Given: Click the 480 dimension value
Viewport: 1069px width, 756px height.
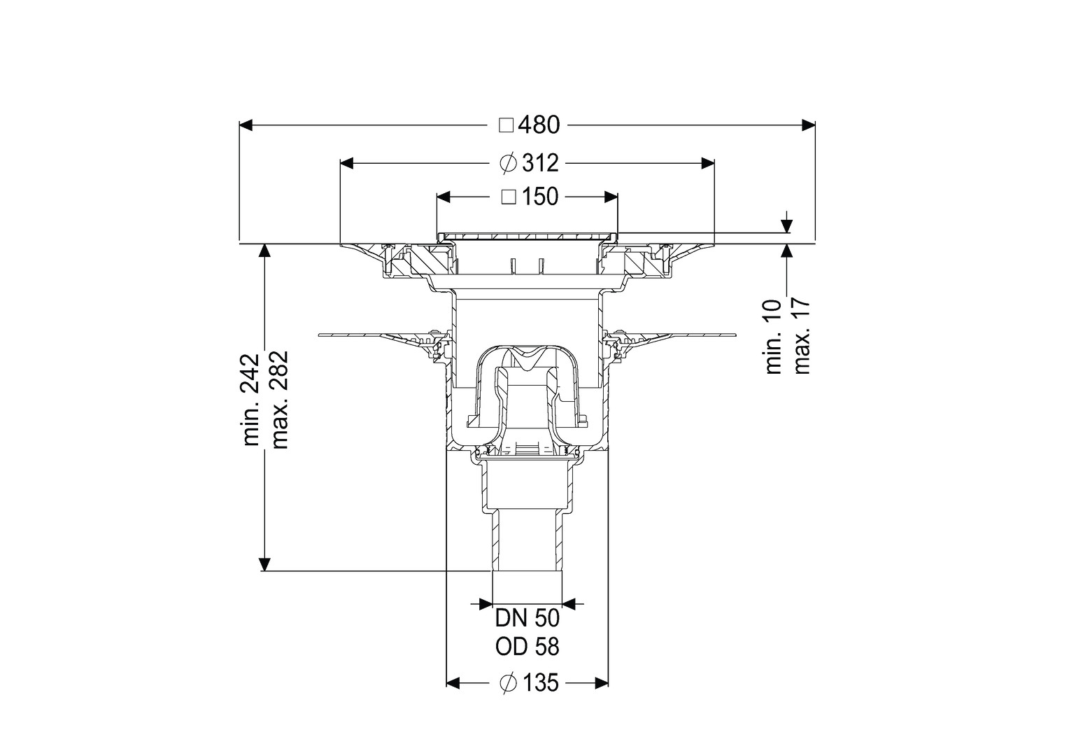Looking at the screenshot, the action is pyautogui.click(x=539, y=125).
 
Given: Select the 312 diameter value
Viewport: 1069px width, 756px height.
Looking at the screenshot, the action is pyautogui.click(x=540, y=164).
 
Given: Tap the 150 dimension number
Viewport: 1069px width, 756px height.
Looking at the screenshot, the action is pyautogui.click(x=540, y=197).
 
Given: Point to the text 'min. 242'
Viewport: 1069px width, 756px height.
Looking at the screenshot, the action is pyautogui.click(x=251, y=400).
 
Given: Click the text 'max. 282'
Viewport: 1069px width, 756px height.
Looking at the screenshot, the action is pyautogui.click(x=279, y=400).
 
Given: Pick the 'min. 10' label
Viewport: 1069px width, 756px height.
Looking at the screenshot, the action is pyautogui.click(x=774, y=337).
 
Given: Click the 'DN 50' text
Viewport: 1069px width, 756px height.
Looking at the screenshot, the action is pyautogui.click(x=527, y=619).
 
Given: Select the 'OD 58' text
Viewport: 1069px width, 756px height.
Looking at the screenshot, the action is pyautogui.click(x=527, y=647).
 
